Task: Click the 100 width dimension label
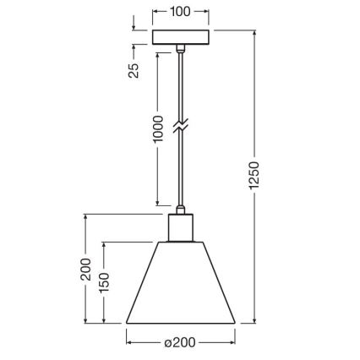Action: click(x=180, y=13)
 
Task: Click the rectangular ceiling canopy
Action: click(x=180, y=39)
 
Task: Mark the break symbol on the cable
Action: click(x=180, y=126)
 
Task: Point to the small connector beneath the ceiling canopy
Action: click(x=180, y=52)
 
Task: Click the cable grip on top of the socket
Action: click(x=180, y=208)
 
